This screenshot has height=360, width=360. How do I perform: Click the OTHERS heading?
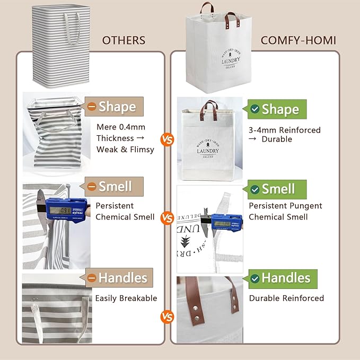(x=124, y=40)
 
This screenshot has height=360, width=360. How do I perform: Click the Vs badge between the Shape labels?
(x=168, y=140)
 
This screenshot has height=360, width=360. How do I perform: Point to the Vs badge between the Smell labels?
(x=168, y=217)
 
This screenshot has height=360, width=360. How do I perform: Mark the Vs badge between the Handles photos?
(x=168, y=318)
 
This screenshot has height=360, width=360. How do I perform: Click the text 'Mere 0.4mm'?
(x=121, y=127)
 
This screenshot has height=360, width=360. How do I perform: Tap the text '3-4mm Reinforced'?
(x=285, y=130)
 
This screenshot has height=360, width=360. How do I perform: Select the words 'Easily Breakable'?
(x=126, y=298)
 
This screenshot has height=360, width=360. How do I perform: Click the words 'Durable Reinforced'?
(x=286, y=298)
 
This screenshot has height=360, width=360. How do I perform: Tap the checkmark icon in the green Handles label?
(x=255, y=278)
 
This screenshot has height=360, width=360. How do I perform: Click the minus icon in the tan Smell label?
(x=92, y=187)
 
